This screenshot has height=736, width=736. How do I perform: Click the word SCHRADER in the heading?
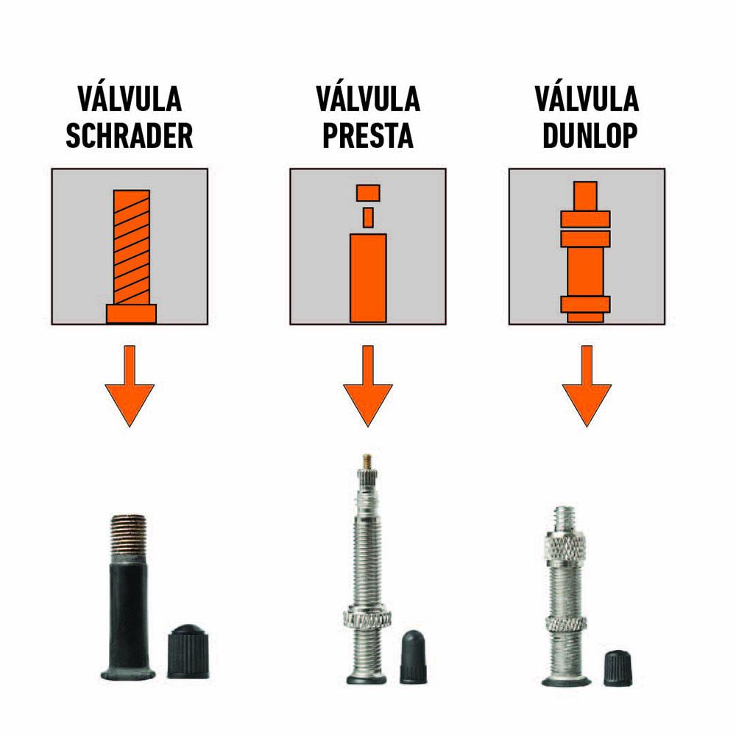pos(129,136)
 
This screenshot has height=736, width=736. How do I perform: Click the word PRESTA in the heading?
pos(367,136)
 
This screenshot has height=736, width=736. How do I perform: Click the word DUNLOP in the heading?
pos(590,136)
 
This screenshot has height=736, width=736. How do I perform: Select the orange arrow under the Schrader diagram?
pos(130,386)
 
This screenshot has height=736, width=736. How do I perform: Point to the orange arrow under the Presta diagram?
pos(367,386)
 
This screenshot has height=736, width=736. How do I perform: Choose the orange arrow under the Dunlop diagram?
pos(587,386)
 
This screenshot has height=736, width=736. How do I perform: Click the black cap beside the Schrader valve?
pos(188,651)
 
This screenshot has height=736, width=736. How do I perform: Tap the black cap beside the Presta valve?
pos(413,657)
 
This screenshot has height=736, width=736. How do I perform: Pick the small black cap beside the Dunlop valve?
pos(618,668)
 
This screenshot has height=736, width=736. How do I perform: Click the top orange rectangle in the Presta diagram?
pos(368,193)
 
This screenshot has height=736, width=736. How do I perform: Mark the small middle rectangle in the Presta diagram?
pos(368,217)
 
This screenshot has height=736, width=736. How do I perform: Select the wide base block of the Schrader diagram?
pos(131,314)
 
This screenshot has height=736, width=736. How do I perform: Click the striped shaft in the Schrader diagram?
pos(132,247)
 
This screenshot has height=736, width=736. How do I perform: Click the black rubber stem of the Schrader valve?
pos(127,615)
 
